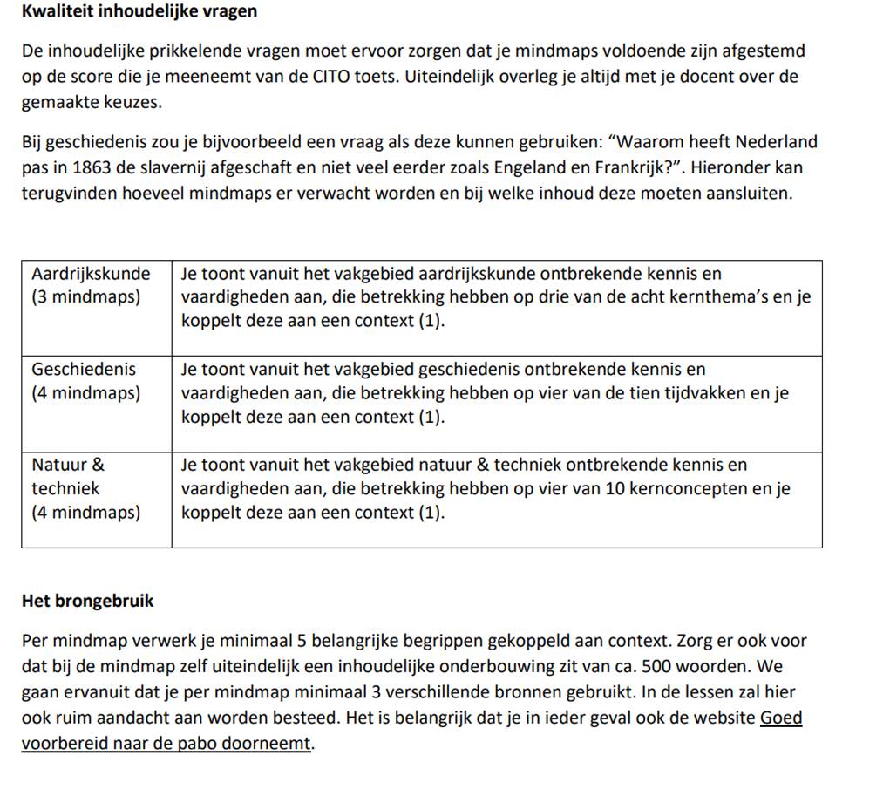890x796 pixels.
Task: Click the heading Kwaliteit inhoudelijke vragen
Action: (139, 12)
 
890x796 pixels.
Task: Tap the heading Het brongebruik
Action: (87, 601)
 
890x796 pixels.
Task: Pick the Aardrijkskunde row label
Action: (91, 274)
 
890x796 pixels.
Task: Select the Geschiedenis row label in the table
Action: (84, 370)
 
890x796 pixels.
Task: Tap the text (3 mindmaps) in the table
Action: (85, 296)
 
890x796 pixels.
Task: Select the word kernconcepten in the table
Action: (690, 489)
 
